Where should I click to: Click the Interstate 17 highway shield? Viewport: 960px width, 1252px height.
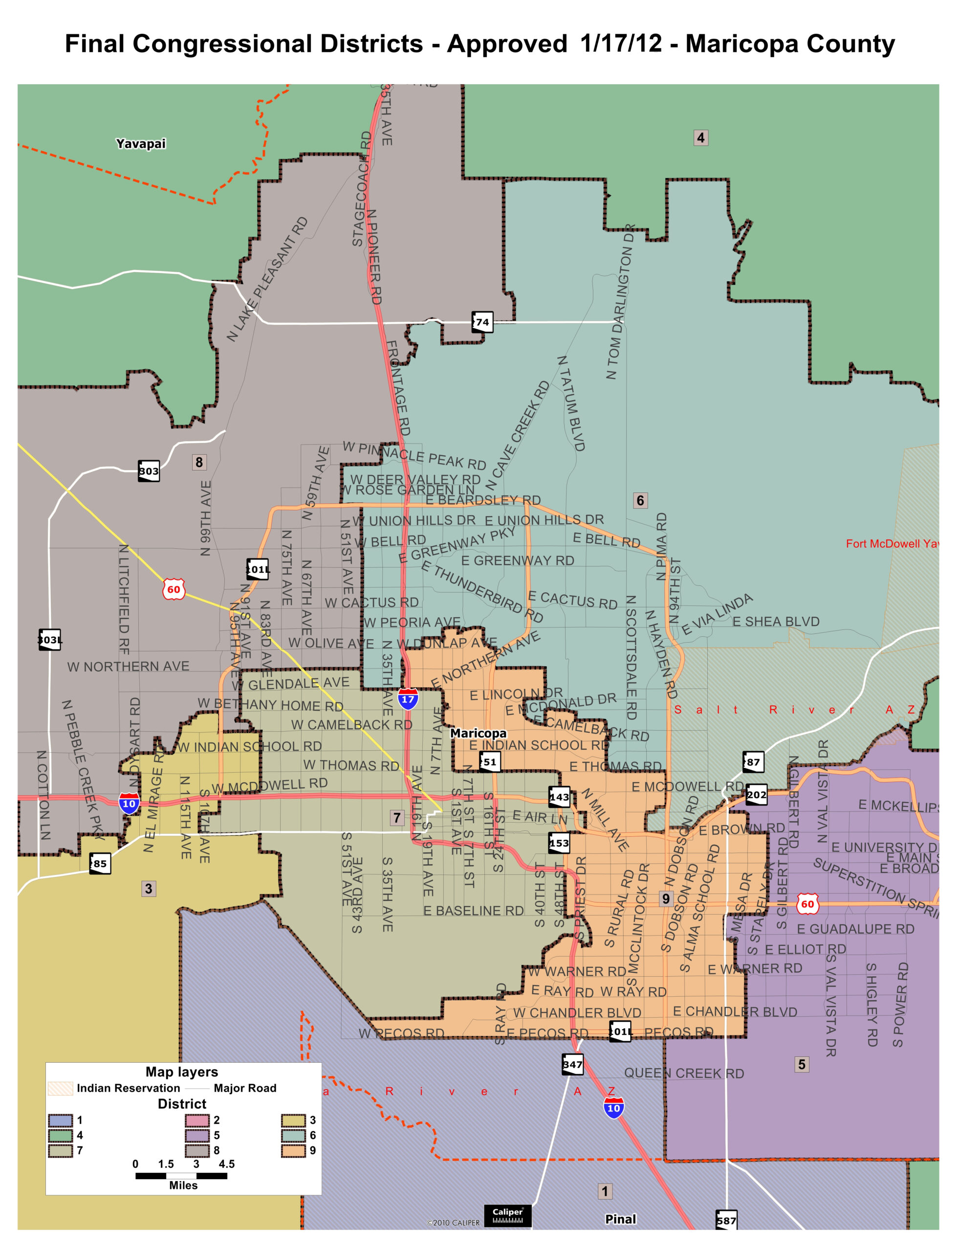tap(408, 698)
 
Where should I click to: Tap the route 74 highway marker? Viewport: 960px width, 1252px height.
tap(482, 322)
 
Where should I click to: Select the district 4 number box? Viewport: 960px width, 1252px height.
tap(700, 138)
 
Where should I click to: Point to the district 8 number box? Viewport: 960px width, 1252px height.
tap(199, 462)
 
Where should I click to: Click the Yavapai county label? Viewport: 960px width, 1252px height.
tap(141, 143)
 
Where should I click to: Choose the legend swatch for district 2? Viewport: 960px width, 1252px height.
tap(197, 1120)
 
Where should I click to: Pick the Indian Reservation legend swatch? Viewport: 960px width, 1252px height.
tap(60, 1088)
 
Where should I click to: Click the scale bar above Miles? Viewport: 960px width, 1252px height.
tap(181, 1175)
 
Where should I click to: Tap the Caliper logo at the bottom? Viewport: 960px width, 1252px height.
tap(507, 1215)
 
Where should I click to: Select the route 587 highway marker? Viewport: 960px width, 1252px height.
tap(726, 1220)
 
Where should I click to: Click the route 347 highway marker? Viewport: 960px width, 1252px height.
tap(572, 1064)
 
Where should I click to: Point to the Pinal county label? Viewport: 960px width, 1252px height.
tap(621, 1219)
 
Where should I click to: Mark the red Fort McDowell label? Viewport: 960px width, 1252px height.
tap(892, 544)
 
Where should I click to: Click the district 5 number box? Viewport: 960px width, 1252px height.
tap(802, 1064)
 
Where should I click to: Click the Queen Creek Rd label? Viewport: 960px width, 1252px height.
tap(683, 1073)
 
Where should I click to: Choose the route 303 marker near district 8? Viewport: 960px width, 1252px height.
tap(149, 471)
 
